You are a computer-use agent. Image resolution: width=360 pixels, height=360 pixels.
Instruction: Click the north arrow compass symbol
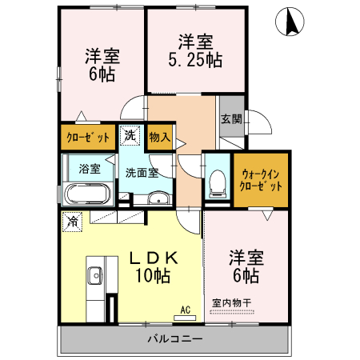pyautogui.click(x=289, y=23)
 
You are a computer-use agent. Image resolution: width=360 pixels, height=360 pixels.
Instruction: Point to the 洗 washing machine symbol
pyautogui.click(x=130, y=136)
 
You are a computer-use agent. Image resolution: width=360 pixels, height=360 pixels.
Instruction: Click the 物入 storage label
pyautogui.click(x=160, y=137)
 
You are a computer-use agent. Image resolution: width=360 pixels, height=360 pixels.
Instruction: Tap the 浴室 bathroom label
pyautogui.click(x=90, y=169)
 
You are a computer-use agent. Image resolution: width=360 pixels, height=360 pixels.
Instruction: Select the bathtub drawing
pyautogui.click(x=88, y=194)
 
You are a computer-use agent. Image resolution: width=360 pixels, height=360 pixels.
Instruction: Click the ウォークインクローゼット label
pyautogui.click(x=260, y=178)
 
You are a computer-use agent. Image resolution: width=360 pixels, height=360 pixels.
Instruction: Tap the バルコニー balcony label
pyautogui.click(x=174, y=338)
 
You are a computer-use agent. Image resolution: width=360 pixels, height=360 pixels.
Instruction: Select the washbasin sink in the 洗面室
pyautogui.click(x=160, y=199)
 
